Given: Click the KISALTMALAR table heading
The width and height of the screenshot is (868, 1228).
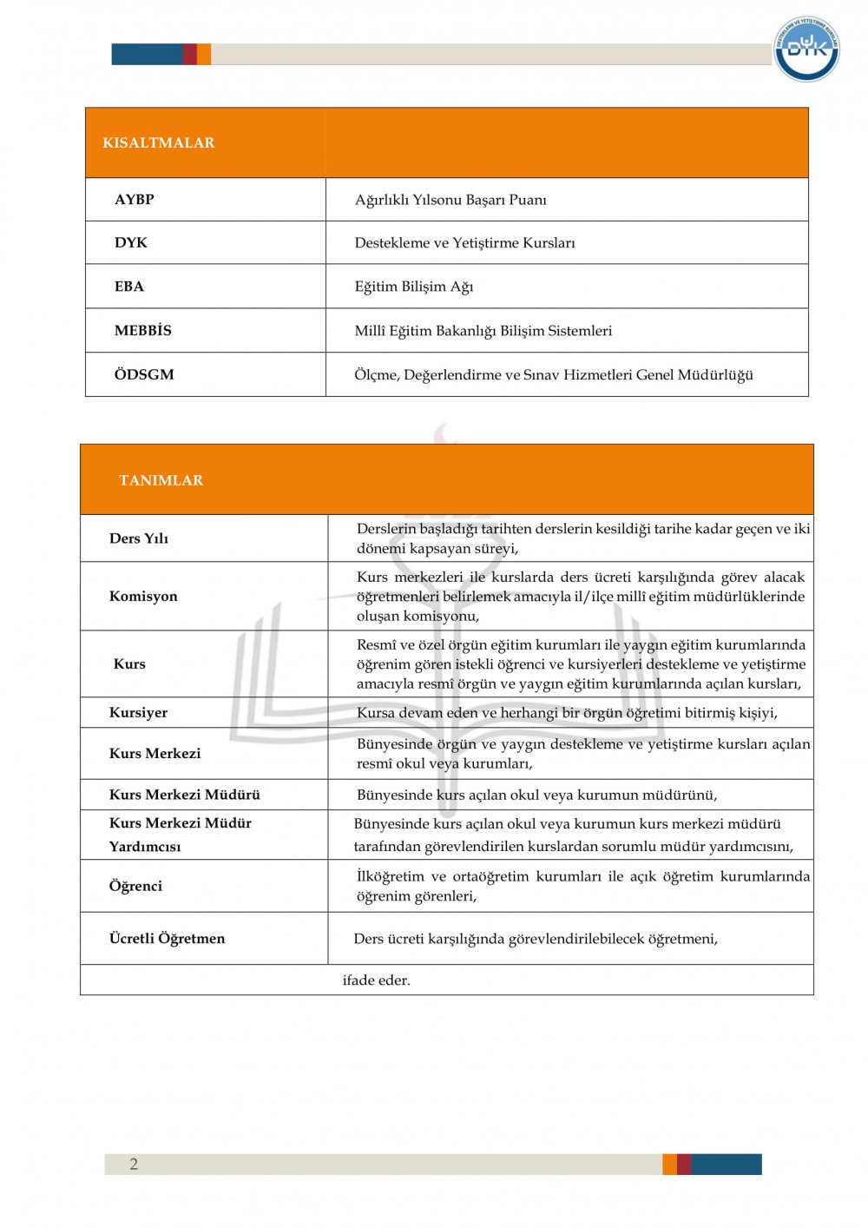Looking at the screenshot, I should pyautogui.click(x=159, y=143).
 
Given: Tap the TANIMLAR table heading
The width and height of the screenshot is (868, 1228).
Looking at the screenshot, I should pyautogui.click(x=161, y=480).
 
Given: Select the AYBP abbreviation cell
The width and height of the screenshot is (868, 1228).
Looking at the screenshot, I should pyautogui.click(x=135, y=200).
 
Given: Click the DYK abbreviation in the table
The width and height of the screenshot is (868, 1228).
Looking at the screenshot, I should pyautogui.click(x=131, y=243).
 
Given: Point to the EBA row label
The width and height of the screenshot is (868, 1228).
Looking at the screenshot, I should pyautogui.click(x=129, y=287).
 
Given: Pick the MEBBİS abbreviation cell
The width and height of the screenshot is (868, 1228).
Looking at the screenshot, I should pyautogui.click(x=143, y=331).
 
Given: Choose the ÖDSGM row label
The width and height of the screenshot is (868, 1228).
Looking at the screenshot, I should pyautogui.click(x=144, y=375).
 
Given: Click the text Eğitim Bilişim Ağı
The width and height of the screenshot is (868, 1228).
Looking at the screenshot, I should pyautogui.click(x=414, y=287).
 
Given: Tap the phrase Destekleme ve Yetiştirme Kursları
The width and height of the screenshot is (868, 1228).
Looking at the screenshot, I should pyautogui.click(x=464, y=243).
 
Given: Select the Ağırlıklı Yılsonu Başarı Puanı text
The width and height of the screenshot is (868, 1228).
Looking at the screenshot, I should pyautogui.click(x=450, y=200).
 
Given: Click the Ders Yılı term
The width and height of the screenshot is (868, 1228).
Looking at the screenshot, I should pyautogui.click(x=139, y=538).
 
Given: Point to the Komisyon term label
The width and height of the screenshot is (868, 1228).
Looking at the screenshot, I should pyautogui.click(x=143, y=597).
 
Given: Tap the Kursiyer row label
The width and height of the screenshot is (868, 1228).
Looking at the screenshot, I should pyautogui.click(x=138, y=713).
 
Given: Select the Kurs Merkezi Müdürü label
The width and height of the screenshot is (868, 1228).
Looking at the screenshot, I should pyautogui.click(x=185, y=795).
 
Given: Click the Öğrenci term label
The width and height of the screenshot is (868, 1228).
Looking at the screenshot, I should pyautogui.click(x=135, y=886).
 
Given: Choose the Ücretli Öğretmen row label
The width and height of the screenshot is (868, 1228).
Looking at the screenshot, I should pyautogui.click(x=167, y=939).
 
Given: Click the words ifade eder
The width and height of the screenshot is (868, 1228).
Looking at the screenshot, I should pyautogui.click(x=377, y=980).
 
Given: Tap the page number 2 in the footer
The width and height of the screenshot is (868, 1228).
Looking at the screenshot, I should pyautogui.click(x=134, y=1165).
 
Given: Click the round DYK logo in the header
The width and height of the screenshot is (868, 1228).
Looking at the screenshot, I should pyautogui.click(x=806, y=49).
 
